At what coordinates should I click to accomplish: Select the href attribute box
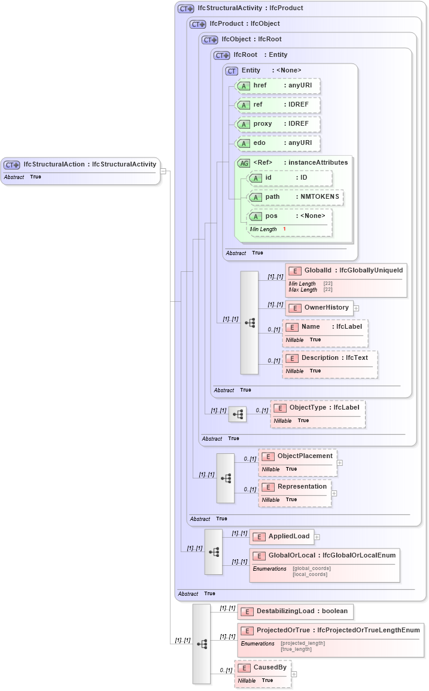(278, 86)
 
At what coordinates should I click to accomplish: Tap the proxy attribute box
(278, 124)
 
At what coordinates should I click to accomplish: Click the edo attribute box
(278, 143)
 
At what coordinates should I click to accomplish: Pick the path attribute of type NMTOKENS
(296, 197)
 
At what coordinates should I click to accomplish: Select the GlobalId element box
(346, 271)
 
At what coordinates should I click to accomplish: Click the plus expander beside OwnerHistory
(356, 308)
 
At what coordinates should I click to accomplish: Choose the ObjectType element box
(317, 408)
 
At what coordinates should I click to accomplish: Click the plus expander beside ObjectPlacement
(339, 462)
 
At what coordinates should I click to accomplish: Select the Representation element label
(302, 487)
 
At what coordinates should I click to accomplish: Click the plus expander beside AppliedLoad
(317, 537)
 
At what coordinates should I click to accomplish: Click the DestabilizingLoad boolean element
(295, 611)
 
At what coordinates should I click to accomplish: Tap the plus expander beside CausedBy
(294, 674)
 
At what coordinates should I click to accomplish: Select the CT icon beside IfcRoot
(221, 55)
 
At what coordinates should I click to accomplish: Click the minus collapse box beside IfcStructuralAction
(163, 171)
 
